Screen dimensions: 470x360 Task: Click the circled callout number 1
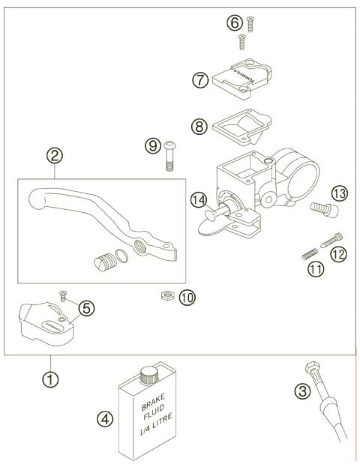tap(49, 380)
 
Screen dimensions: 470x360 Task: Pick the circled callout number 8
tap(200, 127)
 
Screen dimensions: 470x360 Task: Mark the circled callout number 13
tap(339, 195)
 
